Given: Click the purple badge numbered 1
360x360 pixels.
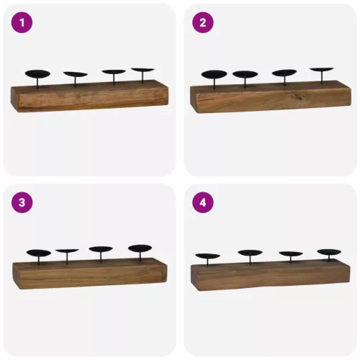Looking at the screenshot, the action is [x=22, y=22].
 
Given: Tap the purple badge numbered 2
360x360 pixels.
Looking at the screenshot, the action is [x=203, y=22].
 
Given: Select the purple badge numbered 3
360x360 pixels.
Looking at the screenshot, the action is [x=22, y=202].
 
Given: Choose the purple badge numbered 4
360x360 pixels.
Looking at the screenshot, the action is [x=203, y=202].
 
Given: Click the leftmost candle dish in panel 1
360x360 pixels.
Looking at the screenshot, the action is [x=37, y=73].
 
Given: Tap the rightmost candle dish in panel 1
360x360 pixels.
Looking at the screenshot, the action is [x=143, y=70].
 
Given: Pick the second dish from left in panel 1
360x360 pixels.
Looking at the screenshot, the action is [x=76, y=74].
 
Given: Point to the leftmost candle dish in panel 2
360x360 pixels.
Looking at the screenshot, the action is [x=214, y=74].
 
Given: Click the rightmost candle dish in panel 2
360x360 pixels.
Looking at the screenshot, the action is [x=322, y=70].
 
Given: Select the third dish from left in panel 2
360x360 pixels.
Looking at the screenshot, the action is [x=284, y=73].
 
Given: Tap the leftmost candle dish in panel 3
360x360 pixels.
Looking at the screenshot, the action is [x=39, y=253].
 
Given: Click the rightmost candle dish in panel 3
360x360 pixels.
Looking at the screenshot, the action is [x=140, y=248].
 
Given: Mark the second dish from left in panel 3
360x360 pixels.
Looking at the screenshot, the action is [x=67, y=251].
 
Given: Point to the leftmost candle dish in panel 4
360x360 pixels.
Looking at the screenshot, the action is [x=208, y=256].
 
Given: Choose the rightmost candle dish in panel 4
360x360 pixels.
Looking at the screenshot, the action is [x=329, y=252].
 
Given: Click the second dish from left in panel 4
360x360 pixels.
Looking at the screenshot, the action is [x=250, y=253].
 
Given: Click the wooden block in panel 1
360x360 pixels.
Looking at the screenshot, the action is [x=89, y=96].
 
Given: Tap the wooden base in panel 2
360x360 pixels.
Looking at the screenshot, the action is [x=271, y=97].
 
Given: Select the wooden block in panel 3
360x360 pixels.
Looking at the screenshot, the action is [x=90, y=274].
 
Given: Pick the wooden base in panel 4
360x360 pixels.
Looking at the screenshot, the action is [x=271, y=275].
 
